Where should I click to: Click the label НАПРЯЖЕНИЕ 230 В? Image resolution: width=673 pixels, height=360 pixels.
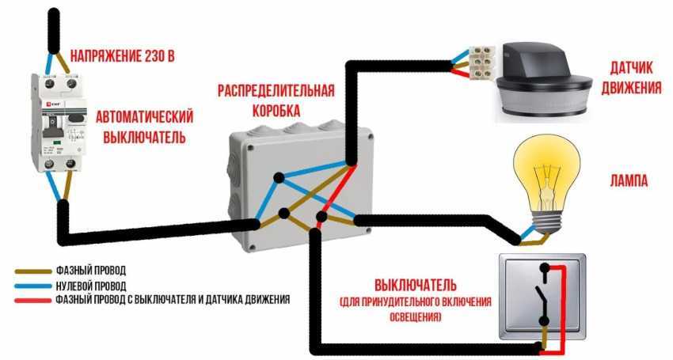point(122,55)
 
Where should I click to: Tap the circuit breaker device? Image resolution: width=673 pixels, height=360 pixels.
point(59,122)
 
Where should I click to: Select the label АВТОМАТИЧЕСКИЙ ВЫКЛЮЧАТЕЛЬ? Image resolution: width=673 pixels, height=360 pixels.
point(145,127)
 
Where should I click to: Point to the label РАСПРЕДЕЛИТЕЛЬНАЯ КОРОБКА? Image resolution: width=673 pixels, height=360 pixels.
point(276,99)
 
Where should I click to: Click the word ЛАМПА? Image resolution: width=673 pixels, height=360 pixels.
point(630,181)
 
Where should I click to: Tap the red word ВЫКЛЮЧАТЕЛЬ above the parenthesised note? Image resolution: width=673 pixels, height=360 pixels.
point(415,284)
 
